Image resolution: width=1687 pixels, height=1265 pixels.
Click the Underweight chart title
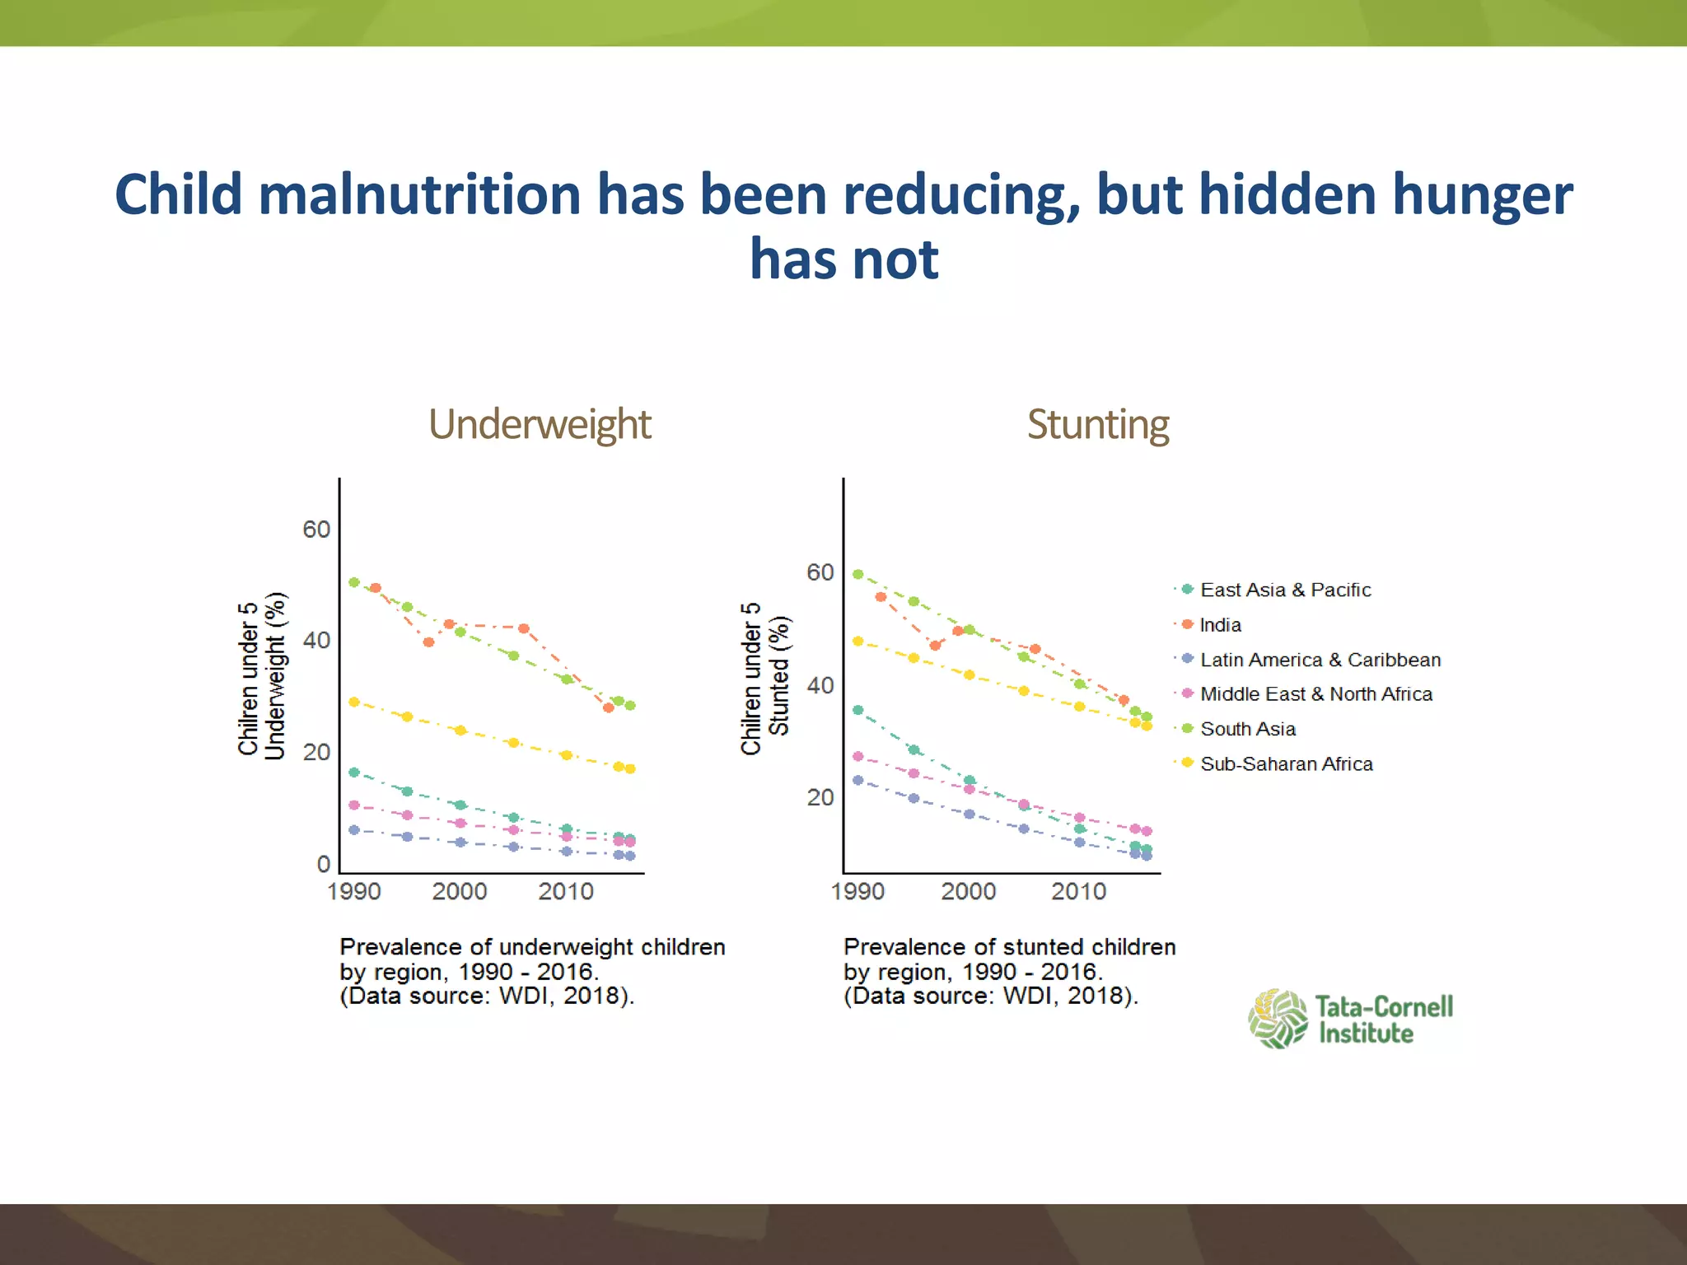[540, 425]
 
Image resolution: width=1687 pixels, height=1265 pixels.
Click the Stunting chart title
[1097, 425]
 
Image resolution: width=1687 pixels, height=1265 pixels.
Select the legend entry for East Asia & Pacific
[1285, 590]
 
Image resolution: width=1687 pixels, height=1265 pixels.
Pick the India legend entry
[1220, 625]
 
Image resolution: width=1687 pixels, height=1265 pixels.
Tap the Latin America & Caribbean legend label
[1320, 660]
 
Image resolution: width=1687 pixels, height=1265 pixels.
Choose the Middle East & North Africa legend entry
[1315, 694]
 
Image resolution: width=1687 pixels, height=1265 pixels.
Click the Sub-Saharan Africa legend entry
[1286, 764]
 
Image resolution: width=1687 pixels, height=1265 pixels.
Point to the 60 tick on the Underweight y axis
[316, 530]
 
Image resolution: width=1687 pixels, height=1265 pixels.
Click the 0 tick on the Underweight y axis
[324, 865]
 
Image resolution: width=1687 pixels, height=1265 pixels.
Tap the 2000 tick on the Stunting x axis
[969, 892]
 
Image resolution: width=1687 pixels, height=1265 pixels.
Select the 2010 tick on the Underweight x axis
[566, 892]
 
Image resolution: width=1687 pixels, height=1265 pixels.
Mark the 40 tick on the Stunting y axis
[820, 685]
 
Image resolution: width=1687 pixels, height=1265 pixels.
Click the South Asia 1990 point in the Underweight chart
[354, 582]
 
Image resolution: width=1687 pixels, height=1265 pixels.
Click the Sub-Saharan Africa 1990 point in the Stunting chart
[858, 641]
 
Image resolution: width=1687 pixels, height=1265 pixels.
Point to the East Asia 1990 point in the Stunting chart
[858, 710]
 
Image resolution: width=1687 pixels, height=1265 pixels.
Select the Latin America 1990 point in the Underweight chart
[354, 830]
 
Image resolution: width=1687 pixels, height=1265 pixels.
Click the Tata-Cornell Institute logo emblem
[1278, 1019]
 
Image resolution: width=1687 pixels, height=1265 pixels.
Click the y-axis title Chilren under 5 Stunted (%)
[765, 677]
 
